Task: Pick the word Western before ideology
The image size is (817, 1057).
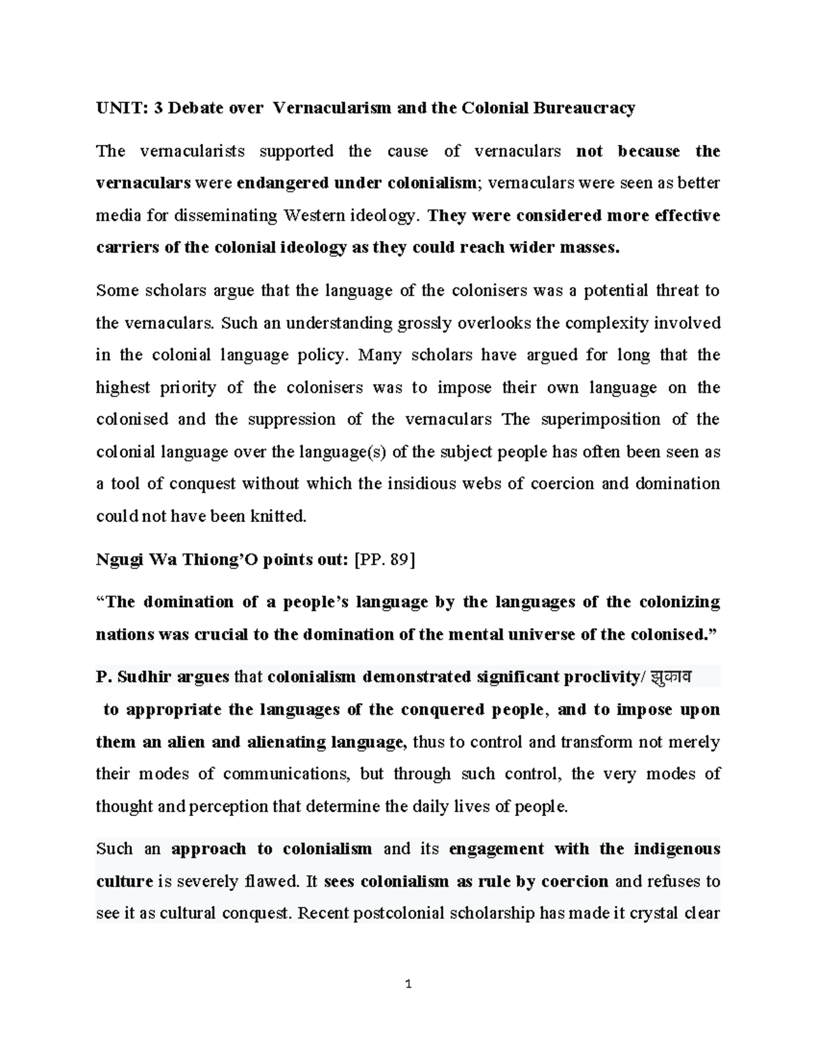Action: [x=315, y=216]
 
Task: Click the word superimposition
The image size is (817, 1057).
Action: [x=600, y=419]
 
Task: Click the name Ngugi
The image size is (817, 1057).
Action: [x=118, y=559]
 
